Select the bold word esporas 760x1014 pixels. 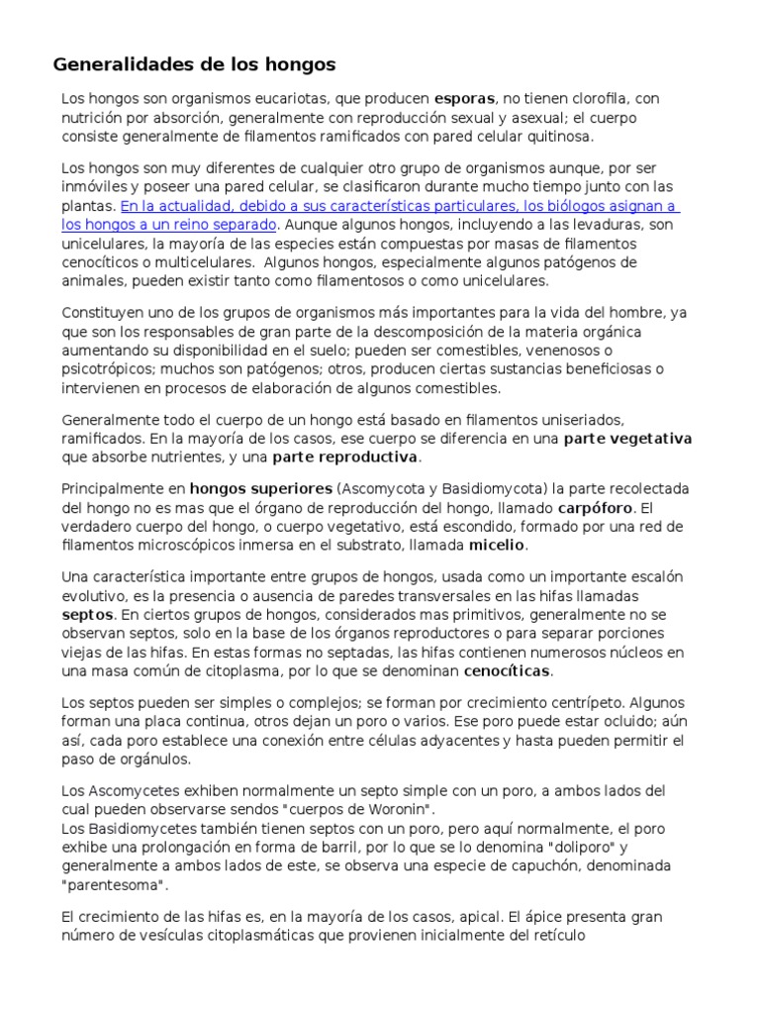[465, 99]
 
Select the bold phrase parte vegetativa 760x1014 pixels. [627, 439]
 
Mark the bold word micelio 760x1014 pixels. [498, 545]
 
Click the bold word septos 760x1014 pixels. [87, 614]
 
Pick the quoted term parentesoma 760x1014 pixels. [114, 884]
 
